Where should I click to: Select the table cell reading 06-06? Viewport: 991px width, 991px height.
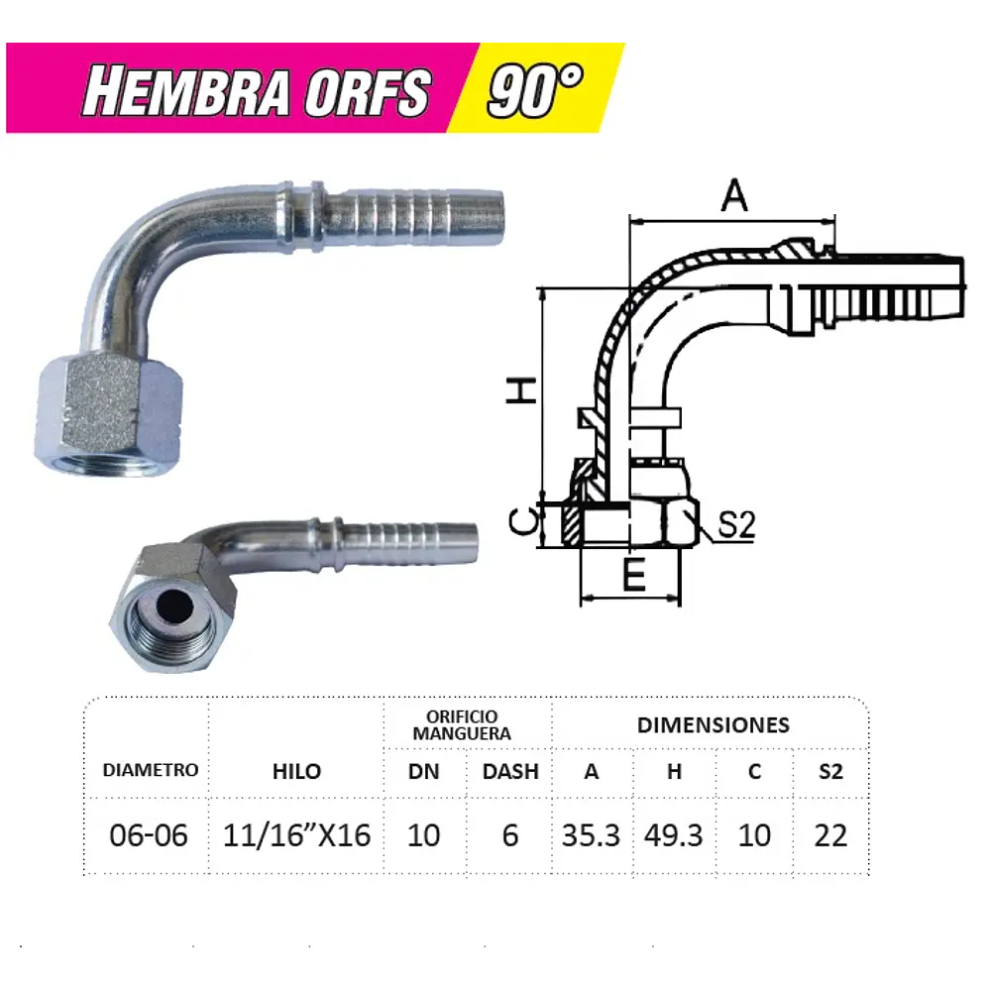[x=149, y=835]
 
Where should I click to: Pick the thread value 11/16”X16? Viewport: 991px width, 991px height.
[x=297, y=835]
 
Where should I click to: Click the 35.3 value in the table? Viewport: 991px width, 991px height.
[x=591, y=835]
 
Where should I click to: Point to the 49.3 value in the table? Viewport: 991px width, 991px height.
[x=674, y=835]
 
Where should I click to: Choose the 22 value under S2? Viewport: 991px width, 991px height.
[x=830, y=835]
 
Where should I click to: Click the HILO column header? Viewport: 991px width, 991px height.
[x=297, y=771]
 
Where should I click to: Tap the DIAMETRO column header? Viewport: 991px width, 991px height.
[x=151, y=770]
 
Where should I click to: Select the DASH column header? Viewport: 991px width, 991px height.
[x=510, y=771]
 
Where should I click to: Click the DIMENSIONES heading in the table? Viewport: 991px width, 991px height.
[x=714, y=724]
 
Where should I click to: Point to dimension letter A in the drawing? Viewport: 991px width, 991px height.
[x=733, y=196]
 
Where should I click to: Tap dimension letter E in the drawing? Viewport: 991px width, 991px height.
[x=634, y=576]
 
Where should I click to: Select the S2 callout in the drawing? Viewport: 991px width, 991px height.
[x=736, y=526]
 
